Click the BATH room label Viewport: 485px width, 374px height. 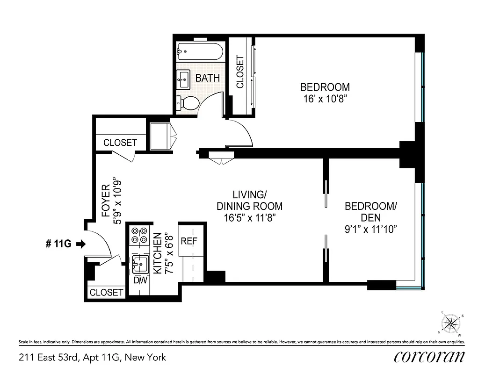coord(207,78)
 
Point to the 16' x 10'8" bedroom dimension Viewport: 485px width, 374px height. coord(325,99)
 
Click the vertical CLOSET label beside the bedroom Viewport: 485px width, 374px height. coord(240,72)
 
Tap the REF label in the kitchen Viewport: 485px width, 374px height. coord(189,241)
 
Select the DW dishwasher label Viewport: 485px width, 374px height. coord(140,280)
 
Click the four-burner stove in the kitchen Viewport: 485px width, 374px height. coord(139,235)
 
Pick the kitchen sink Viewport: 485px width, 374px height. coord(140,264)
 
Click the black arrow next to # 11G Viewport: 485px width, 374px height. coord(81,244)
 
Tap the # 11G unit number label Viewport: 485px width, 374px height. coord(58,244)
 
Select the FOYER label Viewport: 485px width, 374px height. coord(106,201)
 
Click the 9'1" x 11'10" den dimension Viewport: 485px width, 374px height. coord(370,230)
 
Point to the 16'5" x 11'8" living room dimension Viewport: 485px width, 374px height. coord(249,217)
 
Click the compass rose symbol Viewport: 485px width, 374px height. coord(451,323)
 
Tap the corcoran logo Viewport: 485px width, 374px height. coord(429,357)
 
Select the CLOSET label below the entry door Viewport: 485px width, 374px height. coord(106,293)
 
